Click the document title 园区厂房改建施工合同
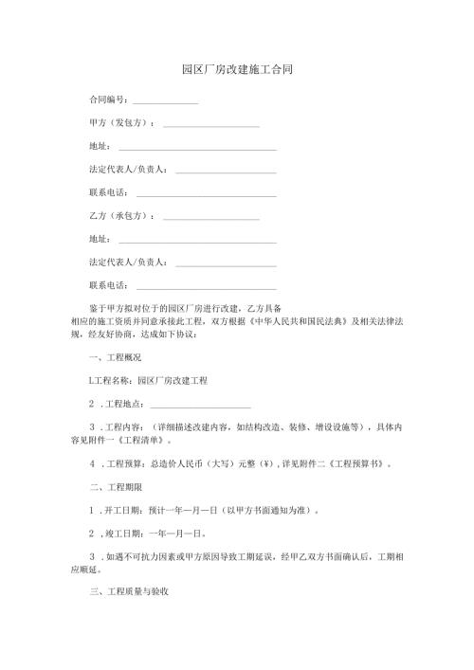pyautogui.click(x=236, y=71)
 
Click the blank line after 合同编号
pyautogui.click(x=165, y=101)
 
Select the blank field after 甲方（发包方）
pyautogui.click(x=211, y=125)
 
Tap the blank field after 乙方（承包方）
pyautogui.click(x=211, y=218)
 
